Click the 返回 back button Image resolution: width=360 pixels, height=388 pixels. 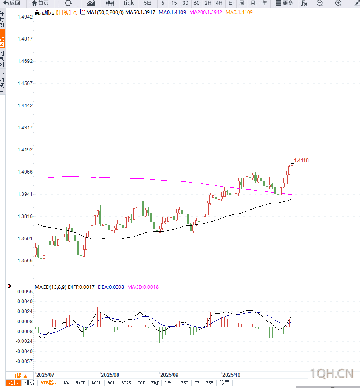pyautogui.click(x=12, y=3)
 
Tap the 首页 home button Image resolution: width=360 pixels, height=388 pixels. pyautogui.click(x=40, y=3)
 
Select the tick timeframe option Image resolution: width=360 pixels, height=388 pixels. pyautogui.click(x=128, y=3)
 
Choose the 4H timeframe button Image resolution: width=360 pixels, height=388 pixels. pyautogui.click(x=219, y=3)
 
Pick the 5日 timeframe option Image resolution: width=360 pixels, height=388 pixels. pyautogui.click(x=148, y=3)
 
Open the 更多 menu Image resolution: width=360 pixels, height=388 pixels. pyautogui.click(x=284, y=3)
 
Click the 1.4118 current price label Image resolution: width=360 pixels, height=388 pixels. pyautogui.click(x=301, y=160)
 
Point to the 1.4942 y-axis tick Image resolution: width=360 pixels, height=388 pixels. pyautogui.click(x=25, y=17)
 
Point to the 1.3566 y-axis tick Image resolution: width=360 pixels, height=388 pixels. pyautogui.click(x=25, y=260)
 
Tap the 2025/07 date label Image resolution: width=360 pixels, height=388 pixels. pyautogui.click(x=45, y=374)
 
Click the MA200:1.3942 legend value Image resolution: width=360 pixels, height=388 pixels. pyautogui.click(x=205, y=12)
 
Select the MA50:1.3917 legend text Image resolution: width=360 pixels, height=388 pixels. pyautogui.click(x=141, y=12)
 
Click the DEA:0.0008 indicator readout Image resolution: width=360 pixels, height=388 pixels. pyautogui.click(x=111, y=287)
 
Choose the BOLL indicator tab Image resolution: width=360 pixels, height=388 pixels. pyautogui.click(x=96, y=383)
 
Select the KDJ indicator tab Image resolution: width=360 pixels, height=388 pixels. pyautogui.click(x=155, y=383)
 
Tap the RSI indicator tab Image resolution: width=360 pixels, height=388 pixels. pyautogui.click(x=184, y=383)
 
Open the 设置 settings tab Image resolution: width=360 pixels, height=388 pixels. pyautogui.click(x=224, y=383)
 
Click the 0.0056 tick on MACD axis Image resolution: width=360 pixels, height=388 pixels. pyautogui.click(x=25, y=291)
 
